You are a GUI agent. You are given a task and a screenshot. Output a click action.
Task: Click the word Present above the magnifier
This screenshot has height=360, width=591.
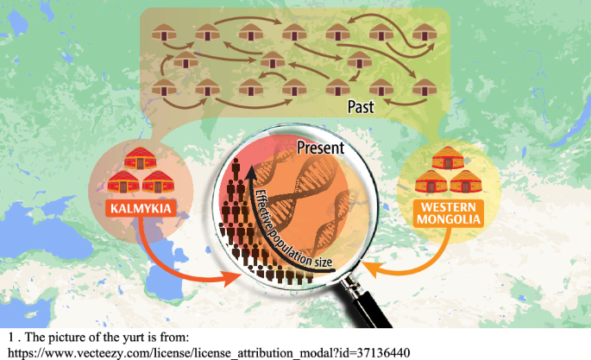coord(320,148)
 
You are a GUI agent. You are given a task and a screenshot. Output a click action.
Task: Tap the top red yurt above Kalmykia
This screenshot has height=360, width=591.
coord(137,159)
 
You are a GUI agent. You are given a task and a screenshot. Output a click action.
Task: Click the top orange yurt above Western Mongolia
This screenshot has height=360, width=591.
coord(448,161)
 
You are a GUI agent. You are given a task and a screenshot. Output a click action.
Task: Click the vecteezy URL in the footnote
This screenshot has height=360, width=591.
coord(207,352)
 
